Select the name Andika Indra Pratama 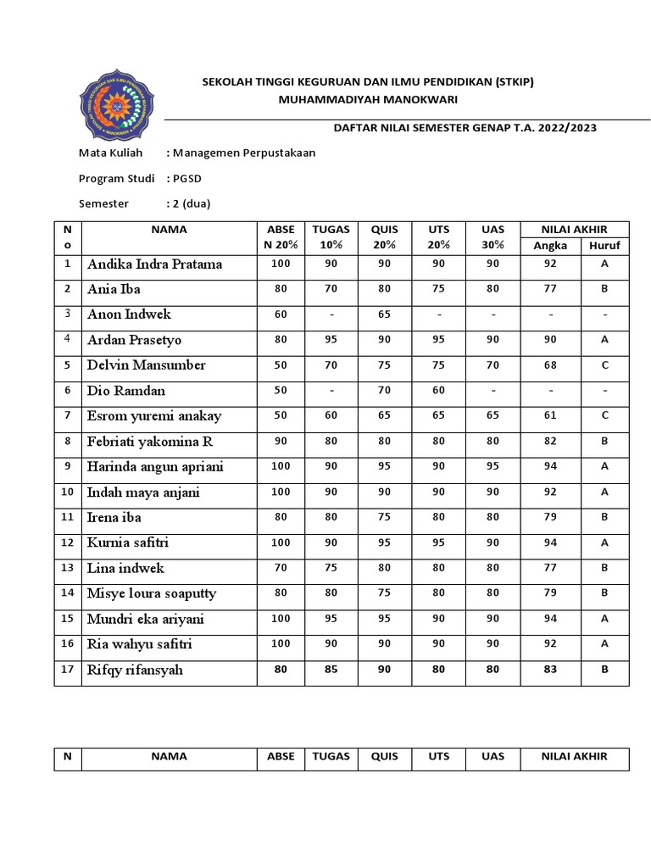[154, 264]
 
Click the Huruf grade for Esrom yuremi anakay [604, 416]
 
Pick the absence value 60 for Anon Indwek [281, 314]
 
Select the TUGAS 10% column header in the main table [331, 236]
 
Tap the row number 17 [68, 670]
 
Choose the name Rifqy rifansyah [135, 670]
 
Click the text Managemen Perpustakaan [243, 153]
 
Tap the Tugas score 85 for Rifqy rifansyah [331, 670]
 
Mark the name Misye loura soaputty [152, 594]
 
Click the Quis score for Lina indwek [385, 569]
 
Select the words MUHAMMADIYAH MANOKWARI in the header [368, 99]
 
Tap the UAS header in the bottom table [492, 756]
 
